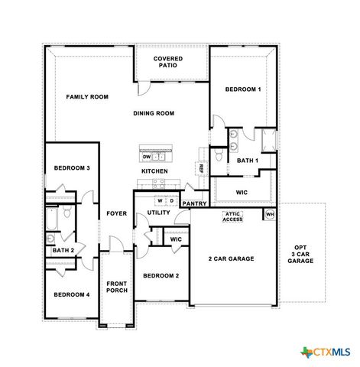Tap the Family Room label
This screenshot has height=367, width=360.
point(87,97)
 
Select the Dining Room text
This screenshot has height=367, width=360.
point(154,113)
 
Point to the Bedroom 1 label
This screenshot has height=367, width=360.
point(243,89)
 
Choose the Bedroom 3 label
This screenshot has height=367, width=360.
point(72,167)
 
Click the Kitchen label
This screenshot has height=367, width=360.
point(154,171)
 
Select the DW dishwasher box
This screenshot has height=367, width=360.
point(147,157)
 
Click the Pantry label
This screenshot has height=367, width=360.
point(194,203)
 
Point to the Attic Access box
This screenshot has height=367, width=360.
point(232,216)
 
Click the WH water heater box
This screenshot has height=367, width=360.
point(269,214)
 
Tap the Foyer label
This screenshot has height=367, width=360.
point(116,213)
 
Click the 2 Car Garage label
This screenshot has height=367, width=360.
point(232,258)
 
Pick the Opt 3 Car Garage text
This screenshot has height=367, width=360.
point(300,254)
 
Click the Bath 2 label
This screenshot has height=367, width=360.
point(63,250)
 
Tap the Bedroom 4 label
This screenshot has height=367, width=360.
point(71,294)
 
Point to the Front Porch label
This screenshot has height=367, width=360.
point(117,287)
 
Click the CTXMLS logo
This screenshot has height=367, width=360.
point(326,351)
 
